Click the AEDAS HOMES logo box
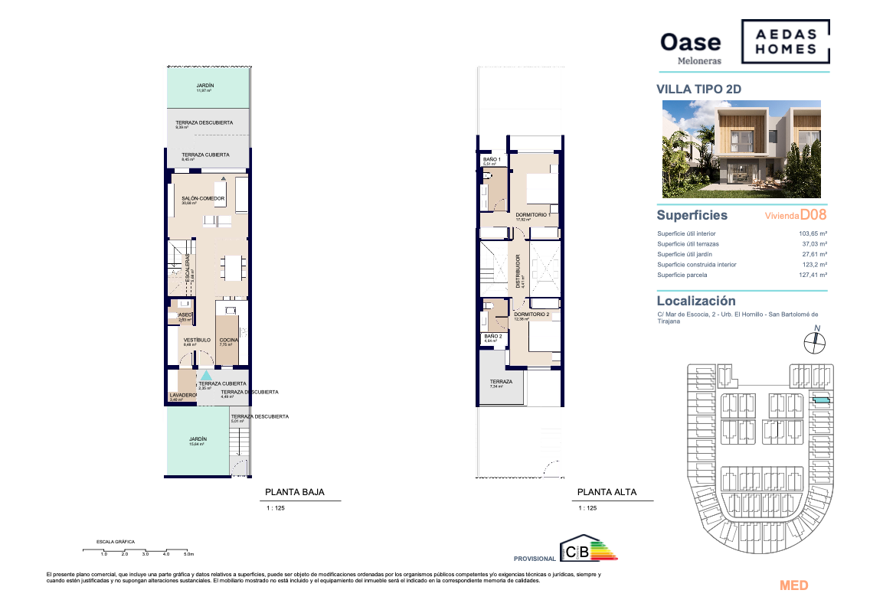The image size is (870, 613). click(785, 41)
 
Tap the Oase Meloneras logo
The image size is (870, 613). click(690, 47)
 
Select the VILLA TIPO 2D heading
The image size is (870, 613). click(698, 89)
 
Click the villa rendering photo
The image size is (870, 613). click(741, 149)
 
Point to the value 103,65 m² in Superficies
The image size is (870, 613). click(813, 233)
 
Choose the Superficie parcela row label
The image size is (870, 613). click(682, 275)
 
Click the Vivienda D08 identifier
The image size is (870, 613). click(796, 216)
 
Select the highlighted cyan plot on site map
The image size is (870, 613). click(820, 399)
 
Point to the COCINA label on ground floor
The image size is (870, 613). click(228, 340)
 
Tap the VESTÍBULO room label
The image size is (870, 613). click(196, 340)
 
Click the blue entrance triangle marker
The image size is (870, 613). click(206, 375)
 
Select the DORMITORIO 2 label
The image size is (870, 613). click(531, 314)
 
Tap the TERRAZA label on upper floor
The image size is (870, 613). click(501, 381)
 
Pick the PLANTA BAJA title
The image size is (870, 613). click(294, 493)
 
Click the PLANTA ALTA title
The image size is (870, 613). click(607, 493)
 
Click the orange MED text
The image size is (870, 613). click(793, 585)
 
